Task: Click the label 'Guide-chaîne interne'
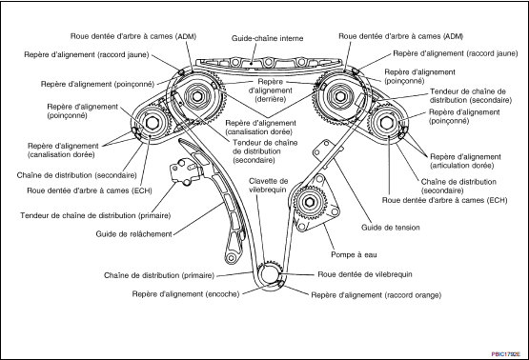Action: coord(267,38)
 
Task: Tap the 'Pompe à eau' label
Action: coord(354,255)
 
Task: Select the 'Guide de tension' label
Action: coord(391,228)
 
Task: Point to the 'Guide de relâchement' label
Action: coord(134,234)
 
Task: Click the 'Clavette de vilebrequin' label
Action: coord(269,185)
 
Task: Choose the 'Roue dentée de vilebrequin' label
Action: coord(365,274)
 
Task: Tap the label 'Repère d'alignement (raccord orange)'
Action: coord(376,295)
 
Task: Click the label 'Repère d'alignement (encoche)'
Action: coord(186,294)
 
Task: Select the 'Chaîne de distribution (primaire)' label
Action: coord(159,275)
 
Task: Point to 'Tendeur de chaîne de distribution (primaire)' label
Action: coord(95,215)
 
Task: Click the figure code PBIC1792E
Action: coord(505,354)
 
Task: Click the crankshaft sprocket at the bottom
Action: coord(271,273)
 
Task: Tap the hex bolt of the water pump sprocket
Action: coord(309,202)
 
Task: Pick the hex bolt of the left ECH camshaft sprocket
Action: coord(151,124)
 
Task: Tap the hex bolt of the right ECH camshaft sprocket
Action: coord(385,122)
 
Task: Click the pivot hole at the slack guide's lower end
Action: coord(231,258)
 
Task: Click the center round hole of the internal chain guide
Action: coord(268,62)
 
